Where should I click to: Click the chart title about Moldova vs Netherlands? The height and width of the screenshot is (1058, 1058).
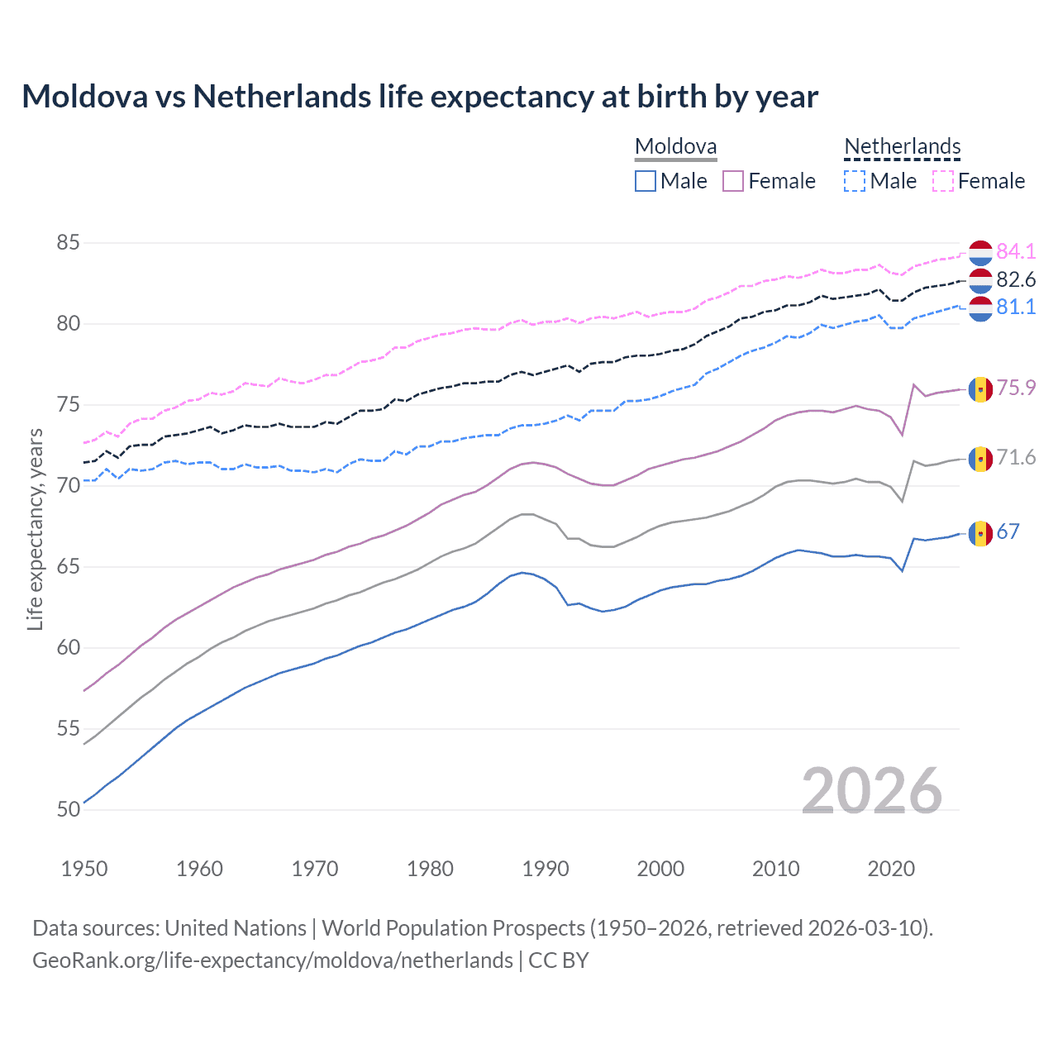point(420,97)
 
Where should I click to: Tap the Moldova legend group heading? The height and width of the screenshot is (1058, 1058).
point(675,147)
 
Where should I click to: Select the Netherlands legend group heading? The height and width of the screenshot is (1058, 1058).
point(902,147)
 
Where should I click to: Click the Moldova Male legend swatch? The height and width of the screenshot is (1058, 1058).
point(646,181)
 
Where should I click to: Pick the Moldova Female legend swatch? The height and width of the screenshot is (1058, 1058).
point(733,181)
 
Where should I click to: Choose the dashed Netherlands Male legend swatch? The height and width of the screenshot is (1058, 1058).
point(855,181)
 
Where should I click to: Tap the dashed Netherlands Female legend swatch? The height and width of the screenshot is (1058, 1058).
point(942,181)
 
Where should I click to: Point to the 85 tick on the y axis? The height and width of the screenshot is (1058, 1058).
point(69,243)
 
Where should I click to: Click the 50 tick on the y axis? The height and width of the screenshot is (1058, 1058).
point(69,809)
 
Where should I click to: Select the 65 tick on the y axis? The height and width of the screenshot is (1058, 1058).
point(69,567)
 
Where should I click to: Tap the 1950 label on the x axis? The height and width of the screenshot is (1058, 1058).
point(84,869)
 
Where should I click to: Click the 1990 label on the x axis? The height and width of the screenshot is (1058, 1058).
point(546,869)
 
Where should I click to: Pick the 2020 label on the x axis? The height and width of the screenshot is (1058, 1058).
point(891,869)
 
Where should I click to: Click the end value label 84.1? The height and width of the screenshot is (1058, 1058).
point(1016,251)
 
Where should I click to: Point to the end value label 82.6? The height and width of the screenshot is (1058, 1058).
point(1016,279)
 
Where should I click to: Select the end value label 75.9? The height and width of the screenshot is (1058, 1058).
point(1016,388)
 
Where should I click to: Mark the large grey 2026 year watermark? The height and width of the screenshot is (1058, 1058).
point(872,791)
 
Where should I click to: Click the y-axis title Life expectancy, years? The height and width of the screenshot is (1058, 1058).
point(35,529)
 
